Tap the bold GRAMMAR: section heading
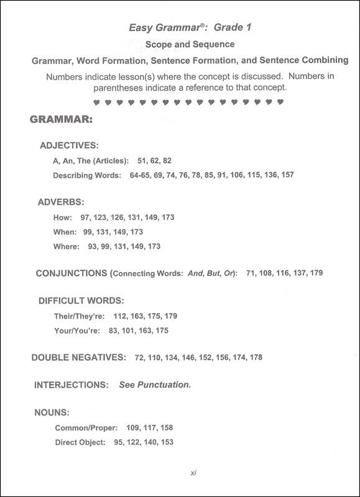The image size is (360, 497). pos(62,118)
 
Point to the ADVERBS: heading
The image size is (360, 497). pos(61,202)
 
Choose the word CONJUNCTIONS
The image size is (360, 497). pos(71,273)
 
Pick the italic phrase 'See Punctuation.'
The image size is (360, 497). pos(155,385)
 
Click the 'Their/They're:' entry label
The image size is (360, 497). pos(80,316)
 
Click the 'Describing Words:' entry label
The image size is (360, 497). pos(87,176)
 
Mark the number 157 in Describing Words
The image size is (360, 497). pos(287,176)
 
